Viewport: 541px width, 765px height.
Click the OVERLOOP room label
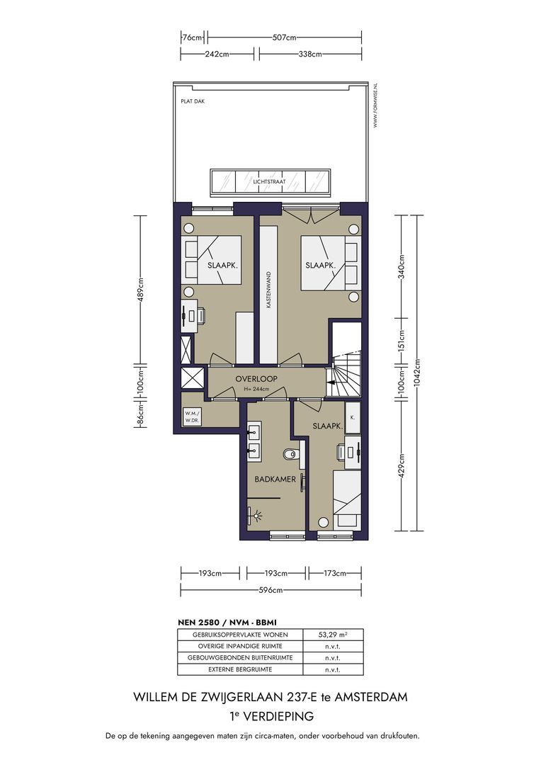coord(256,378)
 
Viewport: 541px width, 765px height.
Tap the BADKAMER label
coord(275,479)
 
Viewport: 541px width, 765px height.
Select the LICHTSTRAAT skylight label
coord(269,182)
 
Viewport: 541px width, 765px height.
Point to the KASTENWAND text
coord(268,290)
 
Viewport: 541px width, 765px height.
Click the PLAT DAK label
coord(193,101)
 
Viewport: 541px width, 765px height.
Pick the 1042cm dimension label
coord(416,373)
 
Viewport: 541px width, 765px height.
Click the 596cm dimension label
coord(270,590)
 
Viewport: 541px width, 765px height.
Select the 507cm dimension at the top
coord(285,37)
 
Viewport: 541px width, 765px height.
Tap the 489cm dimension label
coord(140,290)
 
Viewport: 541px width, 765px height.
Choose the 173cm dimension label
coord(335,573)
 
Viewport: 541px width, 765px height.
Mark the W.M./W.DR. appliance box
coord(192,416)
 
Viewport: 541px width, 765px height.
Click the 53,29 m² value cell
coord(333,635)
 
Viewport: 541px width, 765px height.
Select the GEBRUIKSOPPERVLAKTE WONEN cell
coord(240,635)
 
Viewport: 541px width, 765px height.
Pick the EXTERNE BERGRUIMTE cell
coord(240,669)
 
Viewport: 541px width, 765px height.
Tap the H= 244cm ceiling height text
coord(256,389)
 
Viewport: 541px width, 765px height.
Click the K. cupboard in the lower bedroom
coord(353,417)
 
